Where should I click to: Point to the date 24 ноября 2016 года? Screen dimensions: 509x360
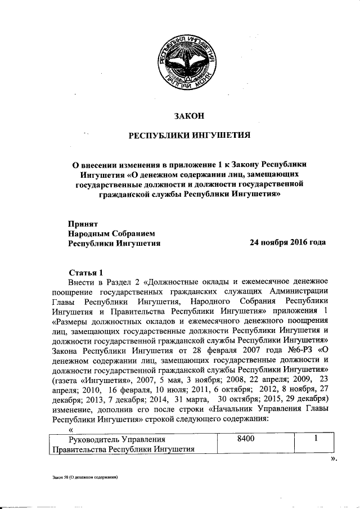click(287, 243)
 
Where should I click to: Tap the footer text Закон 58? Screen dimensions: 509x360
click(85, 477)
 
